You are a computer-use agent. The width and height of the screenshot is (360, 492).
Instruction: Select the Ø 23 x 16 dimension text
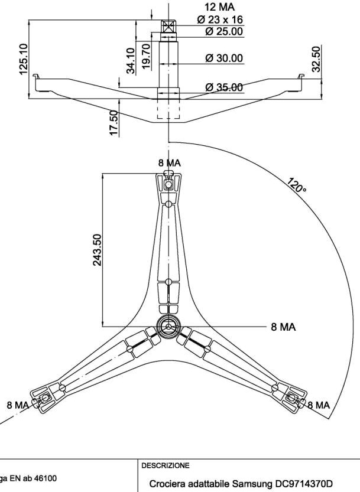220,19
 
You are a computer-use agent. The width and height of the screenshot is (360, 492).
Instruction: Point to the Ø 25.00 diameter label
223,31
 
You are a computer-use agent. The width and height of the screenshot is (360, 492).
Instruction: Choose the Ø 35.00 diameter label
223,87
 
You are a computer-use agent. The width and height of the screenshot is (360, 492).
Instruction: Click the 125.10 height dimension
24,58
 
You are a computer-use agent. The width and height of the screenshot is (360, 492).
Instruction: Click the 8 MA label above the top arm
170,162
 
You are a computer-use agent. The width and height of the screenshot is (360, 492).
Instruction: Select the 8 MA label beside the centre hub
284,327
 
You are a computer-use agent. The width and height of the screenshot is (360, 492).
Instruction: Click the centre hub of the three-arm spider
169,327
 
